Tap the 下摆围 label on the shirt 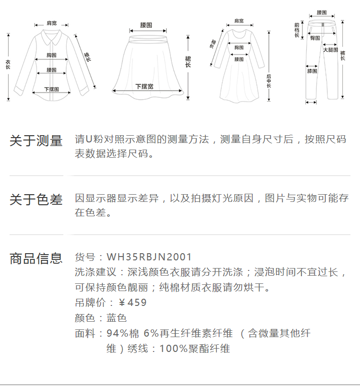51,89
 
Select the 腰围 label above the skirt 146,25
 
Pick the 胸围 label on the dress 239,47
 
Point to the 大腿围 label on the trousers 330,50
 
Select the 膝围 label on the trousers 312,71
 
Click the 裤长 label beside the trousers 343,55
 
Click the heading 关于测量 36,141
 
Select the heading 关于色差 36,200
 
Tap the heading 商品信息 36,258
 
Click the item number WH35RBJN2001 149,257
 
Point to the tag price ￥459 132,303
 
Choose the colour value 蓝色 117,318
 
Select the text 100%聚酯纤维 195,349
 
